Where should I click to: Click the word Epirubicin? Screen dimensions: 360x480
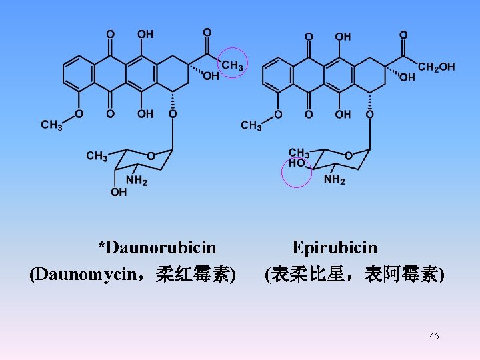click(335, 248)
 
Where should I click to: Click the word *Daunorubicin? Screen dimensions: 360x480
click(157, 248)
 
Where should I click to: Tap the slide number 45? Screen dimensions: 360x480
click(435, 336)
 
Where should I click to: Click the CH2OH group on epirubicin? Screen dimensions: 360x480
click(437, 67)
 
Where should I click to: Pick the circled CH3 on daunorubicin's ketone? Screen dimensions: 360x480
click(233, 65)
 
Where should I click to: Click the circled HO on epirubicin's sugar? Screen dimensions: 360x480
click(297, 163)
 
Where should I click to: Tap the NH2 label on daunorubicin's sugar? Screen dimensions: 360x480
click(136, 180)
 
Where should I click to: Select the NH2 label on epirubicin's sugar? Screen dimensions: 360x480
click(334, 180)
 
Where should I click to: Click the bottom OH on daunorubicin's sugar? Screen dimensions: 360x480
click(118, 193)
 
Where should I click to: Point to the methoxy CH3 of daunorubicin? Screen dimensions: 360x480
click(51, 125)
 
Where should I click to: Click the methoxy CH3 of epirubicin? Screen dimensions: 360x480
click(251, 125)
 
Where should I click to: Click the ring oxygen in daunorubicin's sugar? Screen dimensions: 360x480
click(151, 155)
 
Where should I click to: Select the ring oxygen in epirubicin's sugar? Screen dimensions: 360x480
click(349, 155)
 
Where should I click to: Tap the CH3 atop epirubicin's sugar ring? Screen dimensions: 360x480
click(299, 153)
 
